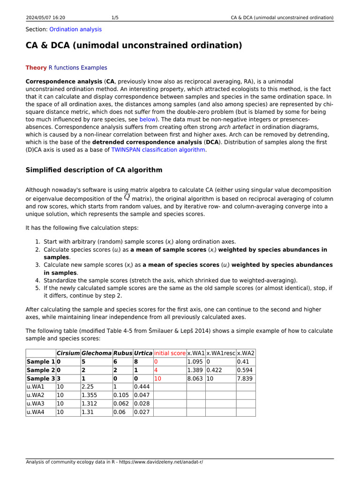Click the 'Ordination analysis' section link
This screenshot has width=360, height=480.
tap(75, 29)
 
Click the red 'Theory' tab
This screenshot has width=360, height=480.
tap(36, 67)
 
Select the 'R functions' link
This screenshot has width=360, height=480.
tap(64, 67)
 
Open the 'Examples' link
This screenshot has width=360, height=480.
tap(94, 67)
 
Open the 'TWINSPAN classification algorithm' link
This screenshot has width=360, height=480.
tap(158, 150)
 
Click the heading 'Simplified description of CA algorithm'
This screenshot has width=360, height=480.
tap(94, 170)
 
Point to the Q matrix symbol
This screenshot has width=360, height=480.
tap(127, 197)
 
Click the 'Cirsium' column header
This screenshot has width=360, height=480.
tap(67, 352)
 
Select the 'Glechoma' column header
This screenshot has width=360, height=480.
tap(96, 352)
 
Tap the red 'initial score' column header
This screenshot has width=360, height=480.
tap(169, 352)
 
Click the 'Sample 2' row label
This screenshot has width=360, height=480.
tap(40, 370)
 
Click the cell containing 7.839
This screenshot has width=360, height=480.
tap(245, 379)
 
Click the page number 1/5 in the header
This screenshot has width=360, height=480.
tap(115, 18)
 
